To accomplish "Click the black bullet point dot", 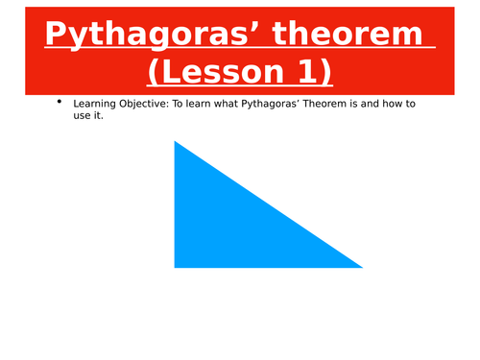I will (x=60, y=103).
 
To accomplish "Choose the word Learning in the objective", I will (x=97, y=105).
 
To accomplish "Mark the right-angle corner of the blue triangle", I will (x=177, y=265).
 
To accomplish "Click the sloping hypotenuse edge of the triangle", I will (x=269, y=204).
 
